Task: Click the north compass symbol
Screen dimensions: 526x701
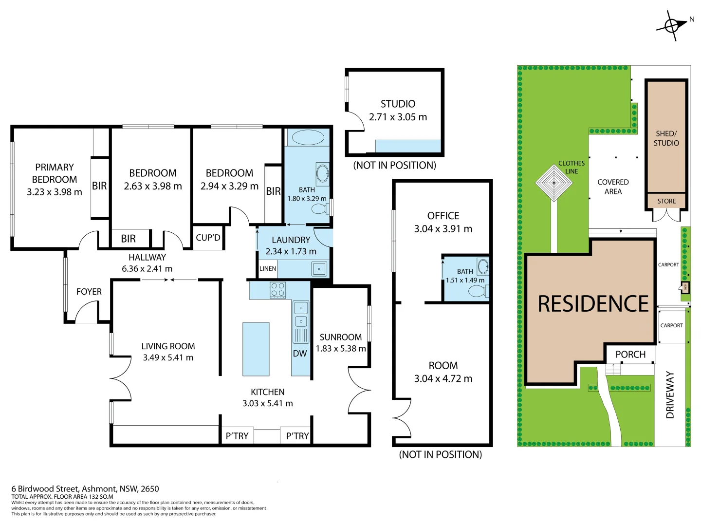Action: [672, 25]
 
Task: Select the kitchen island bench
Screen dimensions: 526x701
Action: [256, 349]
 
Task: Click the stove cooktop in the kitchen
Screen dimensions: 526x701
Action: [278, 290]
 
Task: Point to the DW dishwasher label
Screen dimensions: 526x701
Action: [300, 354]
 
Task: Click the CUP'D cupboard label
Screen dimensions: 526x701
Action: [208, 238]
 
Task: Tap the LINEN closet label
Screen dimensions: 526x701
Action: [268, 269]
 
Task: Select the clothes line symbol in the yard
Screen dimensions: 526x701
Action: [554, 183]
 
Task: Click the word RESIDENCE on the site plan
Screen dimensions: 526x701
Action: [593, 304]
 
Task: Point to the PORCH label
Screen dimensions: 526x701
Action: [630, 355]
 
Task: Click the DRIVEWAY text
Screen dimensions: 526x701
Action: [670, 394]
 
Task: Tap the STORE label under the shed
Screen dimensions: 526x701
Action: [666, 201]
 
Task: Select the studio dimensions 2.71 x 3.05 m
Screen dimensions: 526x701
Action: [398, 117]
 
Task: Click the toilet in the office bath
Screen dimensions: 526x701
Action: [477, 291]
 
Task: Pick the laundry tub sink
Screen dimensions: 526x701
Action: [319, 269]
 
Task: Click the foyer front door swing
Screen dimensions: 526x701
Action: [88, 312]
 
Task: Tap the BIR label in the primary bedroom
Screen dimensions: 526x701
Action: [99, 186]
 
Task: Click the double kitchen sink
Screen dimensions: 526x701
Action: [301, 314]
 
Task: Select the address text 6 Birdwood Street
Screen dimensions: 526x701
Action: [85, 488]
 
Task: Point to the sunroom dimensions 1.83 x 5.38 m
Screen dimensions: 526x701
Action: [341, 349]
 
